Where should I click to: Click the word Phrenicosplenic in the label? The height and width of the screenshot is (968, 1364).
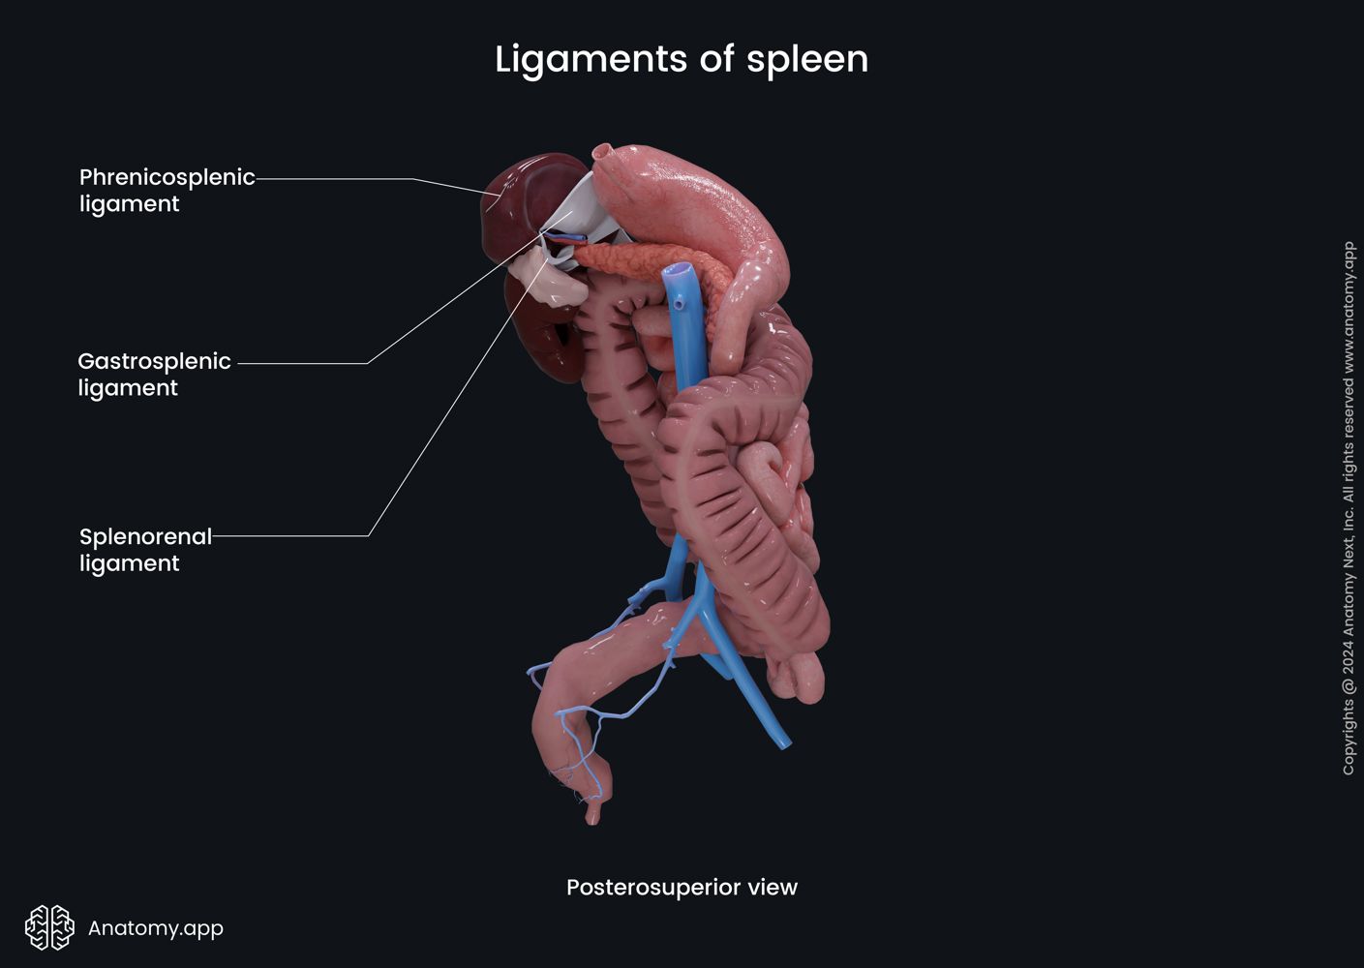(x=167, y=177)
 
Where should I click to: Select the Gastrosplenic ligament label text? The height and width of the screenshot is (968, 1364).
(x=154, y=374)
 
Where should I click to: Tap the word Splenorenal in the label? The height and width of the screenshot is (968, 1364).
(x=145, y=536)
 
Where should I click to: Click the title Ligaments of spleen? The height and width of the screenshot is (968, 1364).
(x=682, y=59)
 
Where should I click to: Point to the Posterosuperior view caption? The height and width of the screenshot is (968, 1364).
(x=682, y=887)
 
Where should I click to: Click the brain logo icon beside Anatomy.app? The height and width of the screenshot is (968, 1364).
(x=49, y=927)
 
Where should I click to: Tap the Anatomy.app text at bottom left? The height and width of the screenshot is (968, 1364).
(x=156, y=927)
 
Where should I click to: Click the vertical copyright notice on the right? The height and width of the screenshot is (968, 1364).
(x=1349, y=508)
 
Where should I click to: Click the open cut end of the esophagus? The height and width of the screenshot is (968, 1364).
(x=602, y=151)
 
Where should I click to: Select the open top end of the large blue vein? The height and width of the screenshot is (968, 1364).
(x=678, y=272)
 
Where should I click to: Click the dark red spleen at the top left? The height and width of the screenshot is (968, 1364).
(x=518, y=203)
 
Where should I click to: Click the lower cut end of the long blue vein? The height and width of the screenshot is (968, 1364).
(x=785, y=743)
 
